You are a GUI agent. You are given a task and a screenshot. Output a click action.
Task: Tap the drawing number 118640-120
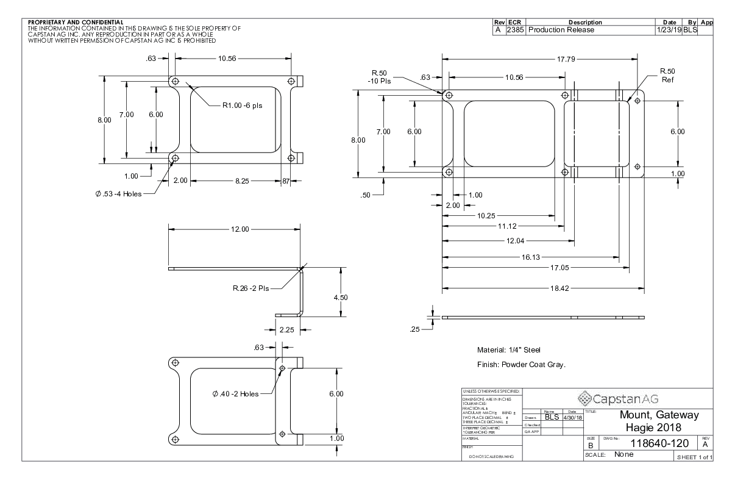click(652, 444)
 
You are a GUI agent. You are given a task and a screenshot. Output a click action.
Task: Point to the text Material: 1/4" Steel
click(509, 350)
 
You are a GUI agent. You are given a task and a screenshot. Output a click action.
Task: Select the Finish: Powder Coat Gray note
click(522, 365)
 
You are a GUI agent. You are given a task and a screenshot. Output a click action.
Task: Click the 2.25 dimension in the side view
click(286, 329)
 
